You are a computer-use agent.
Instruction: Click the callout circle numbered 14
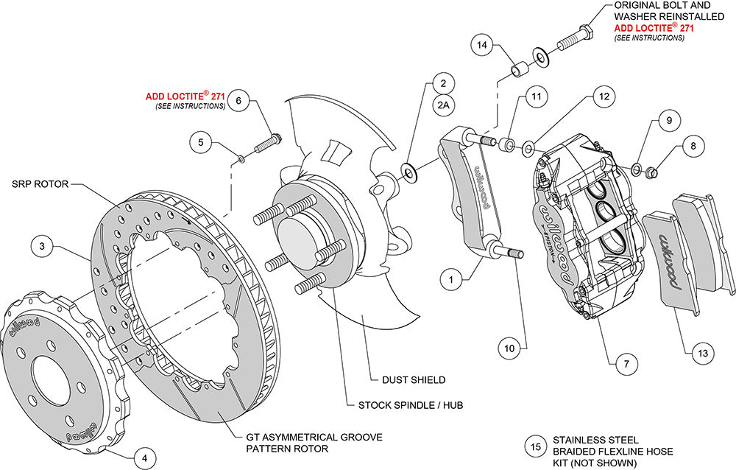482,46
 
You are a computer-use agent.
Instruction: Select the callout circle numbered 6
238,102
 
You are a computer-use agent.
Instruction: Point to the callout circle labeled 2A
443,106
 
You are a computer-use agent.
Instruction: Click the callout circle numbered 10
508,345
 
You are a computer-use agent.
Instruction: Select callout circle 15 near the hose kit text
534,446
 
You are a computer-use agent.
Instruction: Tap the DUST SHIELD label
413,380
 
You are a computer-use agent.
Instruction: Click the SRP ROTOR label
40,185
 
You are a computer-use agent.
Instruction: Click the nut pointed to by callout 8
651,174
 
